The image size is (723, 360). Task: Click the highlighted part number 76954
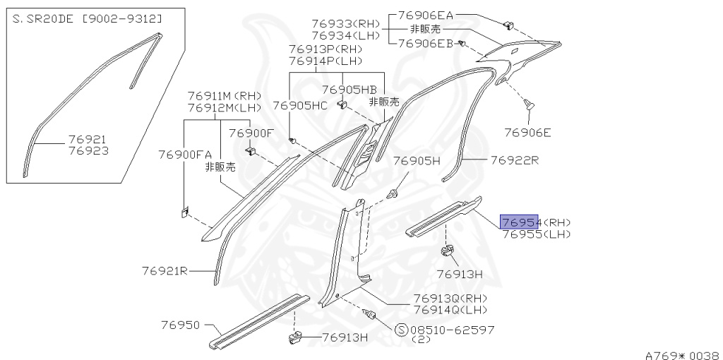pyautogui.click(x=520, y=222)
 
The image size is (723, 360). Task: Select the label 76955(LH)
pyautogui.click(x=536, y=234)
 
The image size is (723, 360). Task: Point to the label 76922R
pyautogui.click(x=515, y=160)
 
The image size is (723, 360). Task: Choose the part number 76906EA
pyautogui.click(x=426, y=15)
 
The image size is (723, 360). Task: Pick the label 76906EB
pyautogui.click(x=426, y=43)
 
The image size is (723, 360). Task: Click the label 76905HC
pyautogui.click(x=300, y=106)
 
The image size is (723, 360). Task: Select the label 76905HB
pyautogui.click(x=349, y=90)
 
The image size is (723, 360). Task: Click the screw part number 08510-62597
pyautogui.click(x=453, y=330)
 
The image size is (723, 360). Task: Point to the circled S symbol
pyautogui.click(x=402, y=330)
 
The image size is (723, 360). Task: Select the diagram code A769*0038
pyautogui.click(x=681, y=355)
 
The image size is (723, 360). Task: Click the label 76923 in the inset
pyautogui.click(x=88, y=150)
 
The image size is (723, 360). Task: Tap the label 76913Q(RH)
pyautogui.click(x=450, y=298)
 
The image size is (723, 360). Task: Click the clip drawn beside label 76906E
pyautogui.click(x=529, y=105)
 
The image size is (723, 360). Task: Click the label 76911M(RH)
pyautogui.click(x=225, y=96)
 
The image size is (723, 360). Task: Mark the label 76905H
pyautogui.click(x=417, y=160)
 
